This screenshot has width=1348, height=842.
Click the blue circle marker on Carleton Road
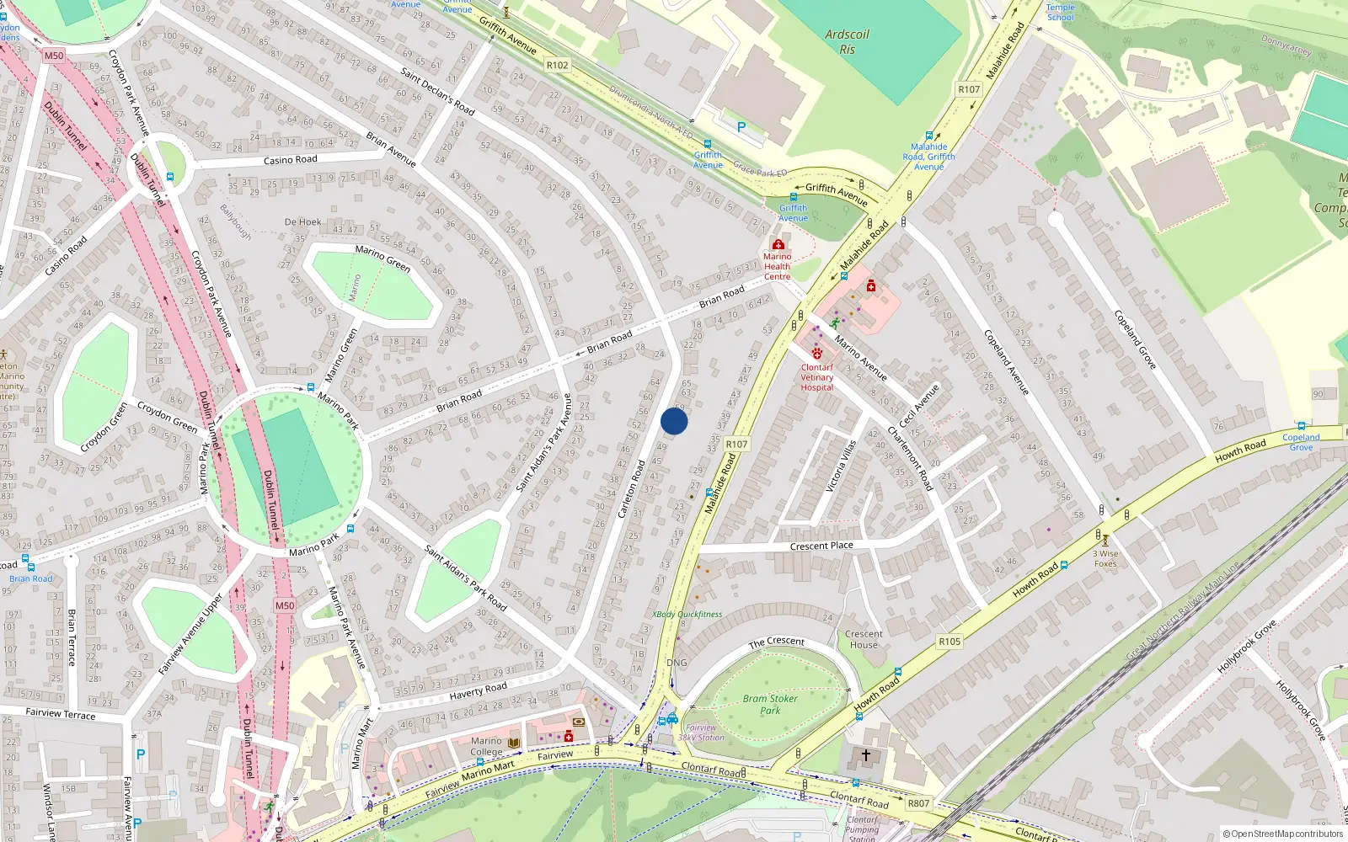tap(674, 421)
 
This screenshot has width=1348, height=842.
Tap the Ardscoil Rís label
tap(847, 41)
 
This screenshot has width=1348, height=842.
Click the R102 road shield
tap(557, 65)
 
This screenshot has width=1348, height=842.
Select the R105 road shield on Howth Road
tap(949, 642)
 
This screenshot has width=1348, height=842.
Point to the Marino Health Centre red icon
tap(778, 244)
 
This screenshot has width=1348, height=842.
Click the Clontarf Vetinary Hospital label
tap(816, 377)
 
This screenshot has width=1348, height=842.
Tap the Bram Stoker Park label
tap(770, 704)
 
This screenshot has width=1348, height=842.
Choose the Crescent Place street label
tap(821, 546)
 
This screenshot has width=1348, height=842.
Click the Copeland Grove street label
tap(1135, 339)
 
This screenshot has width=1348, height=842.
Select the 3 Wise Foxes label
tap(1105, 558)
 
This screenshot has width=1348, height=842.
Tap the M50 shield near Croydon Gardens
tap(54, 56)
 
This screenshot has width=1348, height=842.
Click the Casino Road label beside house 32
tap(290, 160)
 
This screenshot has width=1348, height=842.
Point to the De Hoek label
tap(302, 222)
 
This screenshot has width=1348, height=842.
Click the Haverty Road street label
tap(478, 691)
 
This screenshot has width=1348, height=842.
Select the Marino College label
tap(486, 746)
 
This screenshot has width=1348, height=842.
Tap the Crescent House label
tap(864, 639)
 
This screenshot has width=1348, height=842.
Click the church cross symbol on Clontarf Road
tap(865, 755)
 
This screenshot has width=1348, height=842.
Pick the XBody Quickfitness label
tap(687, 614)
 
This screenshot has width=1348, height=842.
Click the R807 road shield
tap(918, 803)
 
